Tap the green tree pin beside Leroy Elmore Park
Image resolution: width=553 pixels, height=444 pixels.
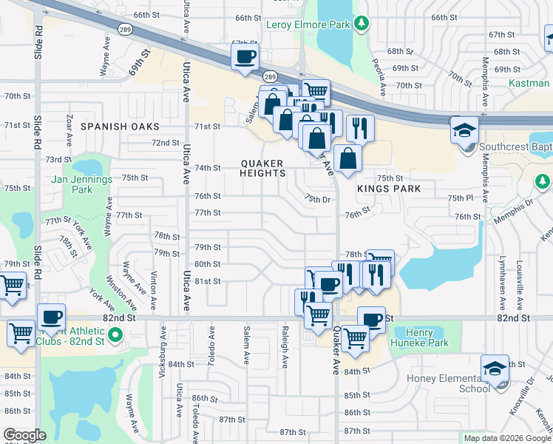[x=362, y=24]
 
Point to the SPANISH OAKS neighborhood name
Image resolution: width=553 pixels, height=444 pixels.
[x=120, y=127]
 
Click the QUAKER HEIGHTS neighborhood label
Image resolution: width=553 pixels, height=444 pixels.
[x=263, y=168]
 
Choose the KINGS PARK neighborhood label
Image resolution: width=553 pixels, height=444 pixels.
[x=389, y=189]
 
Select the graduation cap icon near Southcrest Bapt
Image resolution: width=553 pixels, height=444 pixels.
[x=464, y=130]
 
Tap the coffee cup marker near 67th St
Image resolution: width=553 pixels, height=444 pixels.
[x=245, y=56]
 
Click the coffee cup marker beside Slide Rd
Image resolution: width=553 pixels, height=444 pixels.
[x=51, y=317]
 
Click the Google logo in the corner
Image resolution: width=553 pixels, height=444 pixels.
[x=24, y=435]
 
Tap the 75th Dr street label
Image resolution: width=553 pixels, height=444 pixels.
[x=316, y=198]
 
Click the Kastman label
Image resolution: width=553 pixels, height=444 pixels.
[x=529, y=83]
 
